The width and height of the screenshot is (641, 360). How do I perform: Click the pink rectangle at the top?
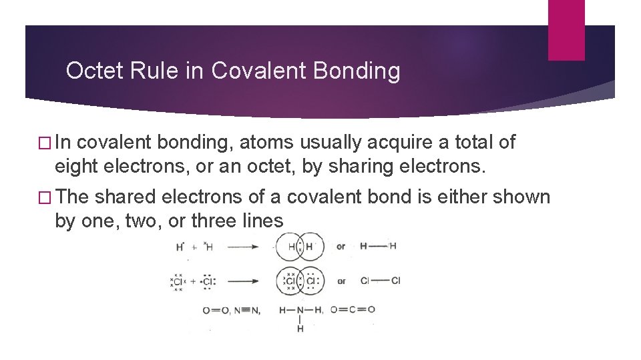[566, 30]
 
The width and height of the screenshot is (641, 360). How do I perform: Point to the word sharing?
[361, 166]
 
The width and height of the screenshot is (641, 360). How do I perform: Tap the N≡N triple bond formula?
[247, 310]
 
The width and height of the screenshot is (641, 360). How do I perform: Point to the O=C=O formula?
[353, 309]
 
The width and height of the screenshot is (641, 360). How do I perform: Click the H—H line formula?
[378, 246]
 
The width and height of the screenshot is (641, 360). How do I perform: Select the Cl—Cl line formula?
[381, 281]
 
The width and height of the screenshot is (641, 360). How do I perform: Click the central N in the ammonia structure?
[300, 310]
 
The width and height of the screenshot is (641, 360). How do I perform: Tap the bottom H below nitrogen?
[300, 329]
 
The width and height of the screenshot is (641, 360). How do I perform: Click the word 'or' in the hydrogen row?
[341, 247]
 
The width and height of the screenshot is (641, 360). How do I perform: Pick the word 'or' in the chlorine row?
[341, 281]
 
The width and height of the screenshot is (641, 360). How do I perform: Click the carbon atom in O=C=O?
[353, 309]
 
